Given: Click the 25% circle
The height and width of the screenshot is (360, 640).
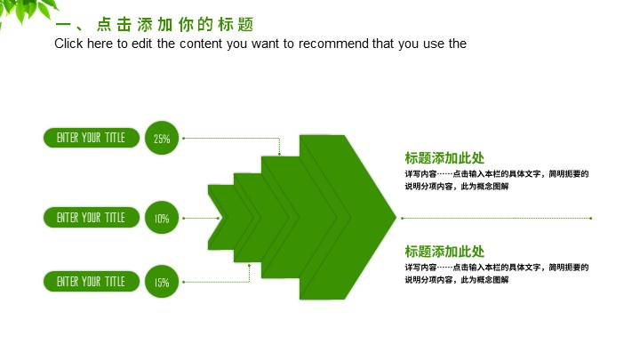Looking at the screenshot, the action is click(x=162, y=138).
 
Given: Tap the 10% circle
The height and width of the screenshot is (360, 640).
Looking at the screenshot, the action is click(x=162, y=218).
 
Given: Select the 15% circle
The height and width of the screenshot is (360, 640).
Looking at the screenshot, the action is click(x=162, y=281).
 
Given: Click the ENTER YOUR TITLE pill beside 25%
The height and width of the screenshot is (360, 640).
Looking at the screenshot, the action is click(x=92, y=138).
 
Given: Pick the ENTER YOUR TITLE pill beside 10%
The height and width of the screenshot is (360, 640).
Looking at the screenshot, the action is click(x=92, y=218).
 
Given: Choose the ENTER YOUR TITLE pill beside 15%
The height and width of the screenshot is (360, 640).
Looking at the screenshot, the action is click(x=92, y=281).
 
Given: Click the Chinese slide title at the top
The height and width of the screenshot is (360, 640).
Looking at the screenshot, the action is click(x=155, y=25).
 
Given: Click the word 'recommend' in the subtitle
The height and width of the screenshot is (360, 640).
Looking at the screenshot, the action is click(x=333, y=44).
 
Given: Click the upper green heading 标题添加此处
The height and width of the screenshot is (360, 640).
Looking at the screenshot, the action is click(x=444, y=158).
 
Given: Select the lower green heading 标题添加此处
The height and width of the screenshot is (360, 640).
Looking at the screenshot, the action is click(x=444, y=252).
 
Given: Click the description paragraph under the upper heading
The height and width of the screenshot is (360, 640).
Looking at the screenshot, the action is click(x=497, y=180).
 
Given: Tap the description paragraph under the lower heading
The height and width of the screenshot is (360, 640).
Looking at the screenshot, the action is click(x=497, y=274).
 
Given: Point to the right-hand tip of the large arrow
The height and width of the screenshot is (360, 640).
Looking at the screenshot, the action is click(x=396, y=218).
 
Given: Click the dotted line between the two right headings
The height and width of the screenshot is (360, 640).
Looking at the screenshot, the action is click(x=496, y=218).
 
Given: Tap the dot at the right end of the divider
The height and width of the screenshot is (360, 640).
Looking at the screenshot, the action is click(x=590, y=218).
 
